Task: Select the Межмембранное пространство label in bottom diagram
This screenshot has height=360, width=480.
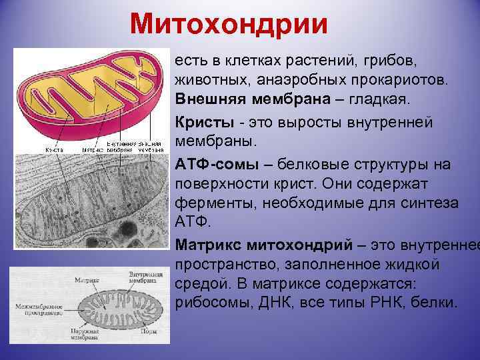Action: coord(39,309)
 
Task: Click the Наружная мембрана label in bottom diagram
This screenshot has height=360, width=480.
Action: coord(84,333)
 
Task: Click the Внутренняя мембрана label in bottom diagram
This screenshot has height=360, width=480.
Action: coord(146,277)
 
